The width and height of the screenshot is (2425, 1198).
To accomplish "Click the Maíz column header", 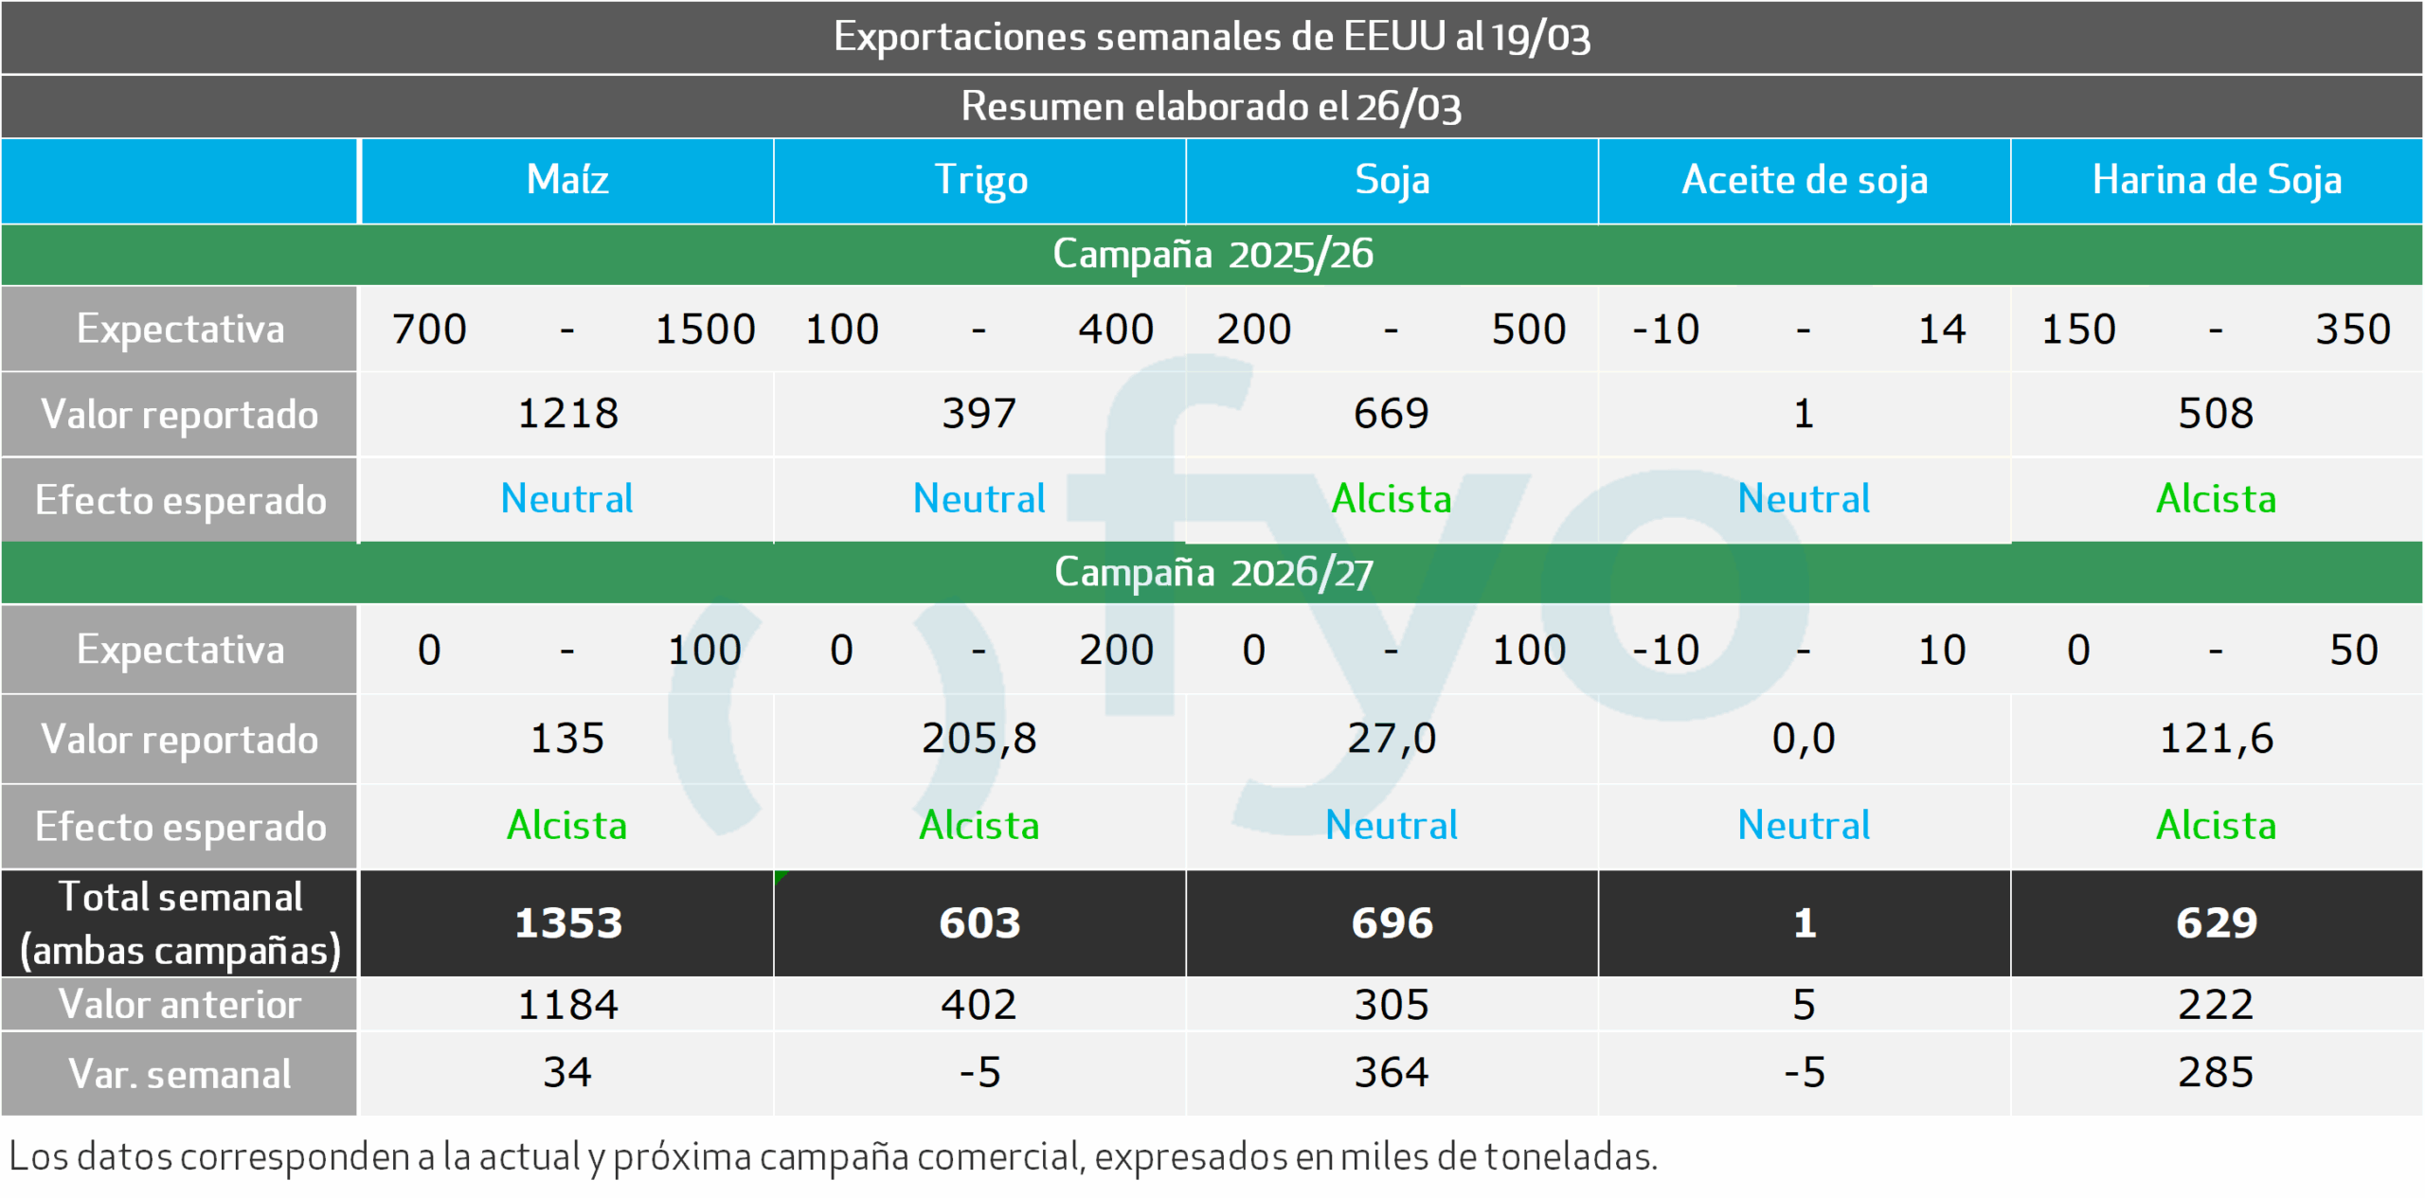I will pyautogui.click(x=566, y=180).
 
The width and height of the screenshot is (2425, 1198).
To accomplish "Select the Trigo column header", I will pyautogui.click(x=980, y=180).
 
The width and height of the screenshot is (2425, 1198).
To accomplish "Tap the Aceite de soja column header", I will pyautogui.click(x=1805, y=180).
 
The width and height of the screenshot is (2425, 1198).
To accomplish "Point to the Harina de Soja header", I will pyautogui.click(x=2217, y=180).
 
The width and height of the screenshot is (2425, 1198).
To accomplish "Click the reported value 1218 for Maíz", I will pyautogui.click(x=567, y=414).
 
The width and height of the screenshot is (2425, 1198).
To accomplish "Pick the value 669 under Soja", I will pyautogui.click(x=1391, y=414).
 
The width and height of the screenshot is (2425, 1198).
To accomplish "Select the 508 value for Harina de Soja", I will pyautogui.click(x=2216, y=414).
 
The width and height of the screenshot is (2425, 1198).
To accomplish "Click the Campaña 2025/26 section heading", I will pyautogui.click(x=1212, y=254).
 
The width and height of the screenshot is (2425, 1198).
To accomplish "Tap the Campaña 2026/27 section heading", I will pyautogui.click(x=1212, y=572).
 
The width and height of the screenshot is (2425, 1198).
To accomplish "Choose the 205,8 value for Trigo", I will pyautogui.click(x=979, y=739).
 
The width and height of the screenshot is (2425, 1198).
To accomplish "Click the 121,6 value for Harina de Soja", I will pyautogui.click(x=2216, y=739).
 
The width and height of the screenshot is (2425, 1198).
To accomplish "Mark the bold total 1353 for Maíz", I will pyautogui.click(x=567, y=923).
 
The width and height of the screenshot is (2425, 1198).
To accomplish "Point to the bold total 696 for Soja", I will pyautogui.click(x=1392, y=923).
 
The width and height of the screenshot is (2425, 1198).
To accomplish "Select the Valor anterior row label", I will pyautogui.click(x=180, y=1004).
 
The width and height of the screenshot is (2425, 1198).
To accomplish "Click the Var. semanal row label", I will pyautogui.click(x=180, y=1074).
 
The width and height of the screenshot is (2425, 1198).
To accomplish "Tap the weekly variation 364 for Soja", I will pyautogui.click(x=1391, y=1073).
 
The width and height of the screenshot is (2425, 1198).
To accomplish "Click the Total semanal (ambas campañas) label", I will pyautogui.click(x=180, y=923).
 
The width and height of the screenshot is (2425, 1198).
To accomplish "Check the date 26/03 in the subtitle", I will pyautogui.click(x=1409, y=107).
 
